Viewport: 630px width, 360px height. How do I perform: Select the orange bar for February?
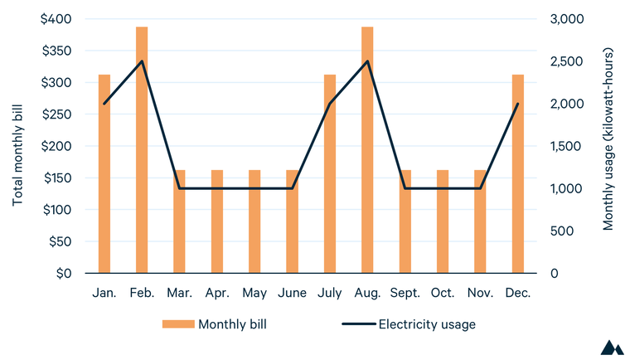pos(142,150)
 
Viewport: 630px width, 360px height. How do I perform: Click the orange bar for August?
pos(367,150)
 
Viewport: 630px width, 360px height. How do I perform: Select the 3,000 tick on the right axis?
pos(568,19)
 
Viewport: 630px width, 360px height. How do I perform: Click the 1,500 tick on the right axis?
pos(568,146)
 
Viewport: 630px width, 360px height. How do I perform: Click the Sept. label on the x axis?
pos(405,293)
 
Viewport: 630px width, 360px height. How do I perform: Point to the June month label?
pos(292,293)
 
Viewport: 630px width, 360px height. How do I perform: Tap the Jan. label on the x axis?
pos(104,293)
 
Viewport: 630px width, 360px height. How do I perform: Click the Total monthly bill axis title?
pos(18,146)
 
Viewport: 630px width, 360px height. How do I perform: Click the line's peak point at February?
pos(142,61)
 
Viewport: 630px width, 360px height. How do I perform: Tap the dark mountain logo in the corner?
pos(612,348)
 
